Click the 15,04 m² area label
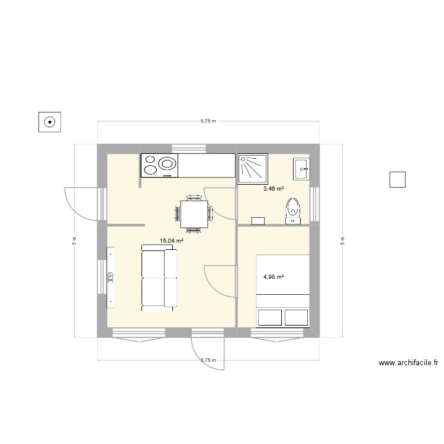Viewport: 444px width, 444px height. point(171,241)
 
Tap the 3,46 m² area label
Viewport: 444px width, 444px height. point(273,189)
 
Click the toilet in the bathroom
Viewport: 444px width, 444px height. point(293,211)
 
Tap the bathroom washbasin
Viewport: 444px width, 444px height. point(301,169)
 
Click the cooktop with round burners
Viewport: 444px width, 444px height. point(159,165)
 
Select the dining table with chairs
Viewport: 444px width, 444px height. point(194,212)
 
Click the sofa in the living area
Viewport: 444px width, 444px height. point(159,279)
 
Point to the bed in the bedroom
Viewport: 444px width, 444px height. point(282,291)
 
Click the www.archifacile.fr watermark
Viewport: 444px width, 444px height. point(408,363)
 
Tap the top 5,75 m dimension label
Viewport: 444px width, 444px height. point(208,121)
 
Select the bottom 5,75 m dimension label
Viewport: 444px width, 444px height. point(208,360)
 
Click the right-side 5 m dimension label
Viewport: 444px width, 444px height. point(342,241)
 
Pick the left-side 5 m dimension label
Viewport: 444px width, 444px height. point(75,241)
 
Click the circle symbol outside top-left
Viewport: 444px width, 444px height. point(50,123)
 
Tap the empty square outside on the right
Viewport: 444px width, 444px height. point(397,179)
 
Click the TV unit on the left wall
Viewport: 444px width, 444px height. point(111,277)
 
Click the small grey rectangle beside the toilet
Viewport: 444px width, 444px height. point(258,221)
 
